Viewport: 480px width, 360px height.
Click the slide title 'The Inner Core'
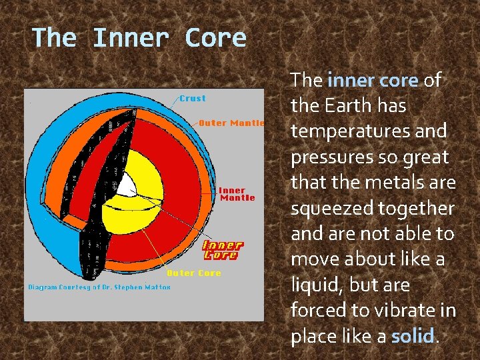click(x=139, y=37)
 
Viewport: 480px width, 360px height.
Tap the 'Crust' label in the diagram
click(x=193, y=98)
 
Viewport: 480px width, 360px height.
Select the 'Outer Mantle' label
click(x=231, y=123)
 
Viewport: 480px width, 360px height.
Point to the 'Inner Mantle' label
click(x=237, y=193)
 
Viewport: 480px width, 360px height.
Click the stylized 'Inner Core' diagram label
click(x=223, y=250)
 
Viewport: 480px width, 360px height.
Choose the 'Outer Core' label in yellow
click(x=193, y=273)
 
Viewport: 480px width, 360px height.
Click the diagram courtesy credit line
click(x=99, y=287)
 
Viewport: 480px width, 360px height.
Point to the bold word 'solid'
click(x=413, y=336)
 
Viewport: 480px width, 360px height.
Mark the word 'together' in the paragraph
click(x=417, y=208)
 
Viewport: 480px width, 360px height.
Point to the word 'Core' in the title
click(x=216, y=37)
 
